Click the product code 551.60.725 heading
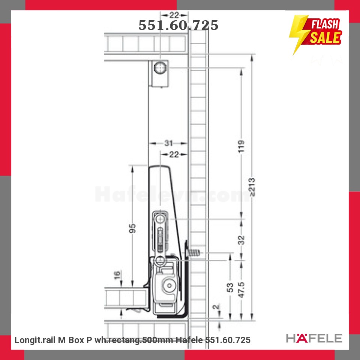(178, 25)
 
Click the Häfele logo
(314, 338)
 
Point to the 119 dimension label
(241, 147)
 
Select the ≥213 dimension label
(252, 187)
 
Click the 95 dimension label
(132, 228)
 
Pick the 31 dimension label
(168, 143)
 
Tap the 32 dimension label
(241, 240)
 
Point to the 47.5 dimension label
(241, 290)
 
